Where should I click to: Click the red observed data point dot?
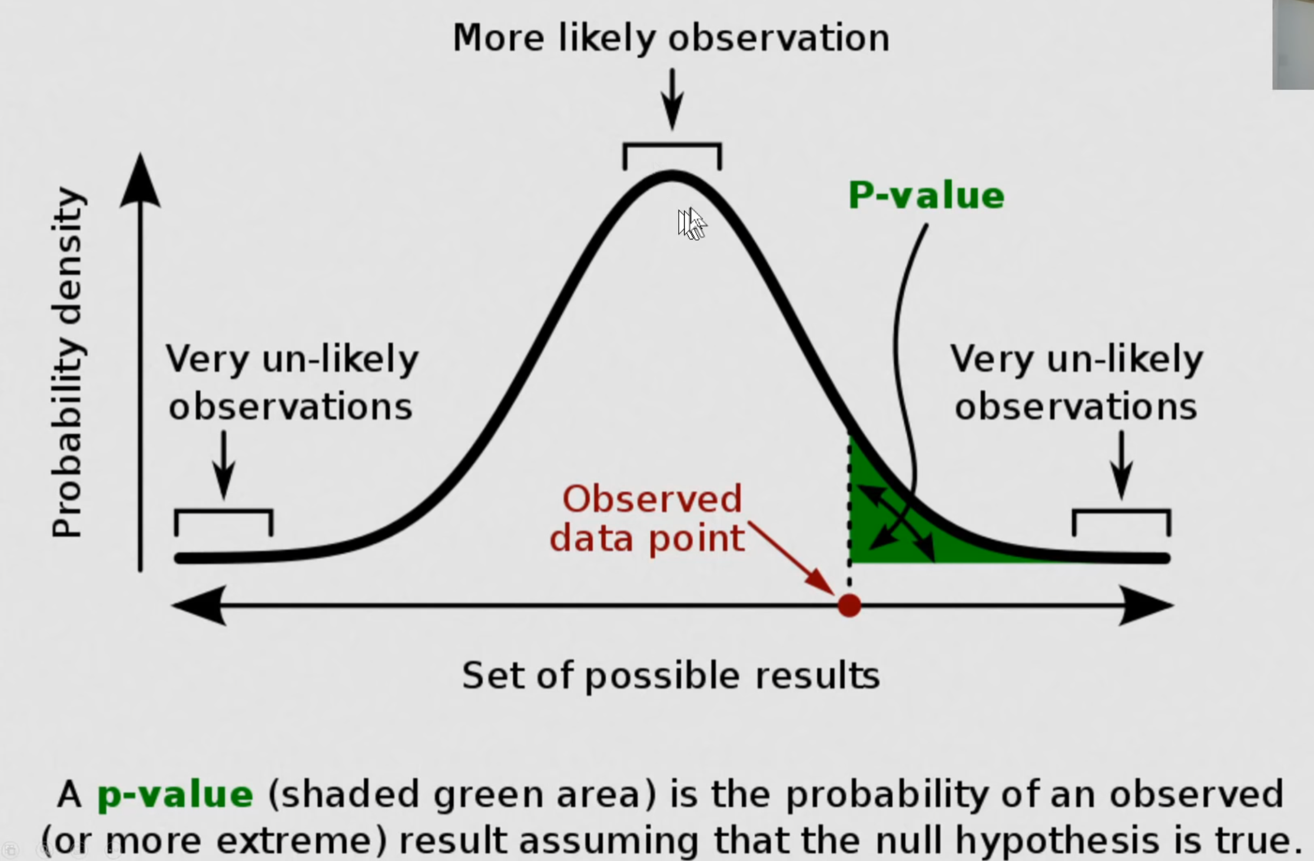tap(849, 605)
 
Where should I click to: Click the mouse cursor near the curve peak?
tap(692, 224)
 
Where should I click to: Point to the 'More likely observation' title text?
tap(671, 38)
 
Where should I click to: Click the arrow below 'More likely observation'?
tap(672, 99)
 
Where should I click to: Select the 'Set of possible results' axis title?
tap(671, 675)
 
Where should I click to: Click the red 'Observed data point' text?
tap(648, 518)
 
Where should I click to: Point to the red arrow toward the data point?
tap(791, 558)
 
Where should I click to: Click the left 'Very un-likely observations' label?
tap(292, 383)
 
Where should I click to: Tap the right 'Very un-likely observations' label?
tap(1076, 383)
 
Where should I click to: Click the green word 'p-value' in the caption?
tap(175, 794)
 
